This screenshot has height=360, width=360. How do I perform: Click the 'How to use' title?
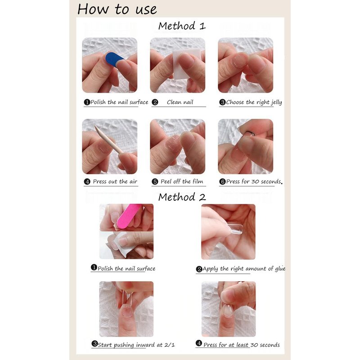tap(117, 9)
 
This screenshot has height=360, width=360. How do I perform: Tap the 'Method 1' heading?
tap(182, 26)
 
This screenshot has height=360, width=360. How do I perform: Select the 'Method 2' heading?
tap(182, 197)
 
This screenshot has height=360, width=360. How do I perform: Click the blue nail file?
tap(114, 59)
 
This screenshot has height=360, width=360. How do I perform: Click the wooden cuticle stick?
tap(109, 139)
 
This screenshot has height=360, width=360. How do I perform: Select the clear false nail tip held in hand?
tap(234, 229)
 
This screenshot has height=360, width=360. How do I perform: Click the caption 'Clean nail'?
tap(180, 102)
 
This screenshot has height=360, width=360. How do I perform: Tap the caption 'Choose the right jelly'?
tap(254, 102)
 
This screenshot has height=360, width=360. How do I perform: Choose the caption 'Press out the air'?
tap(115, 182)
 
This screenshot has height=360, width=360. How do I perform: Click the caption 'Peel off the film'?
tap(182, 181)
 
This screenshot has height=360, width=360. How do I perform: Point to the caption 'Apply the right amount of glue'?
tap(244, 269)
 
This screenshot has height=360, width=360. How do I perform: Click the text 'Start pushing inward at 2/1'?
tap(136, 345)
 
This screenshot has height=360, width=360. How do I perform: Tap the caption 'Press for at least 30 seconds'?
tap(242, 345)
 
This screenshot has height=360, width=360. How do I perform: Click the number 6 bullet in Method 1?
tap(222, 182)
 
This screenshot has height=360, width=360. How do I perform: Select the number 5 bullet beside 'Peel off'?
tap(155, 182)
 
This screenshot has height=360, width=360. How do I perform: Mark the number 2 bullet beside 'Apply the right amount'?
tap(199, 269)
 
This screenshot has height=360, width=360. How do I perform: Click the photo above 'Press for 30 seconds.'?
tap(245, 147)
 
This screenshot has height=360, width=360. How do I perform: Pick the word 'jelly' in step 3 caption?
tap(276, 103)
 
